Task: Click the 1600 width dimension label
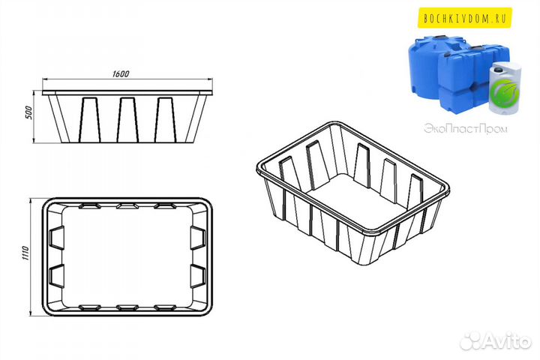coord(121,73)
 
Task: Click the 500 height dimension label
coord(29,112)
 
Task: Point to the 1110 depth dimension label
coord(26,253)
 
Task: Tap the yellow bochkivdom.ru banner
coord(464,17)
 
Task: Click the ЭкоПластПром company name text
coord(466,129)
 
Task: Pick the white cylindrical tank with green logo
coord(505,88)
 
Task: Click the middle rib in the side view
coord(127,120)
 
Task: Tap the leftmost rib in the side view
coord(89,120)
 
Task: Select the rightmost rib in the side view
coord(165,120)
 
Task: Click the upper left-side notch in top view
coord(56,238)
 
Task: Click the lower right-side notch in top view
coord(198,277)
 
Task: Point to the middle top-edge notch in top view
coord(127,206)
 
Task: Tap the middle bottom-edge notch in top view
coord(127,307)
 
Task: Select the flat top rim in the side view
coord(127,93)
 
